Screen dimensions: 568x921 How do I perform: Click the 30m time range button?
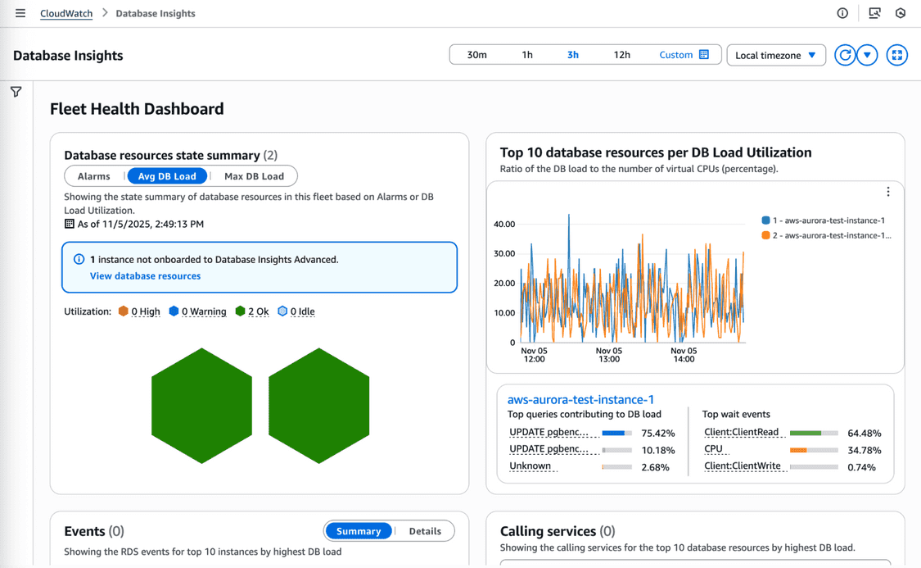tap(476, 55)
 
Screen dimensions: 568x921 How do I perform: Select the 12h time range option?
tap(621, 55)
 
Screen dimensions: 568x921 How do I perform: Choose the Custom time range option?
tap(684, 55)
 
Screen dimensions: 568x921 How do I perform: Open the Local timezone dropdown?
tap(775, 55)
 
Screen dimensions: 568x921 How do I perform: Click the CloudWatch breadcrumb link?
tap(66, 13)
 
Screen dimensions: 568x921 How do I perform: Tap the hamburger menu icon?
tap(20, 13)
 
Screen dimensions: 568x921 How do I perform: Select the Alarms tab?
tap(94, 176)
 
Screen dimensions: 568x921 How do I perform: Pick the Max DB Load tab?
tap(254, 176)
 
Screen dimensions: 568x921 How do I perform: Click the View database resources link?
tap(145, 276)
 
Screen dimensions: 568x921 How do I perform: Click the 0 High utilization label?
tap(145, 311)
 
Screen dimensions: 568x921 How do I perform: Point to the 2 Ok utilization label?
tap(258, 311)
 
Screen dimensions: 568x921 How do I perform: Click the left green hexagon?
tap(201, 406)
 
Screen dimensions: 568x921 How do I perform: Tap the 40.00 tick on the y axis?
tap(504, 224)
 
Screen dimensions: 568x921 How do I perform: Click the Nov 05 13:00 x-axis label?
tap(608, 355)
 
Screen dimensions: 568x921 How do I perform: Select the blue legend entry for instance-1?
tap(828, 220)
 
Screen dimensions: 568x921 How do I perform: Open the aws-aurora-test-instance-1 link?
tap(580, 400)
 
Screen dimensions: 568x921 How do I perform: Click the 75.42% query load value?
tap(658, 433)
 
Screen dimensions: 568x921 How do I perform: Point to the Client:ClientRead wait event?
tap(741, 432)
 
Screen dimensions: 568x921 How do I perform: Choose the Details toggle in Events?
tap(425, 531)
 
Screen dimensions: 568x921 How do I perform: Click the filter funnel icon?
tap(16, 92)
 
